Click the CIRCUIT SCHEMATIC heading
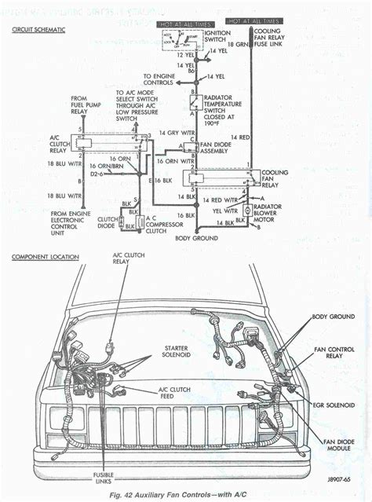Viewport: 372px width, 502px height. [x=38, y=29]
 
